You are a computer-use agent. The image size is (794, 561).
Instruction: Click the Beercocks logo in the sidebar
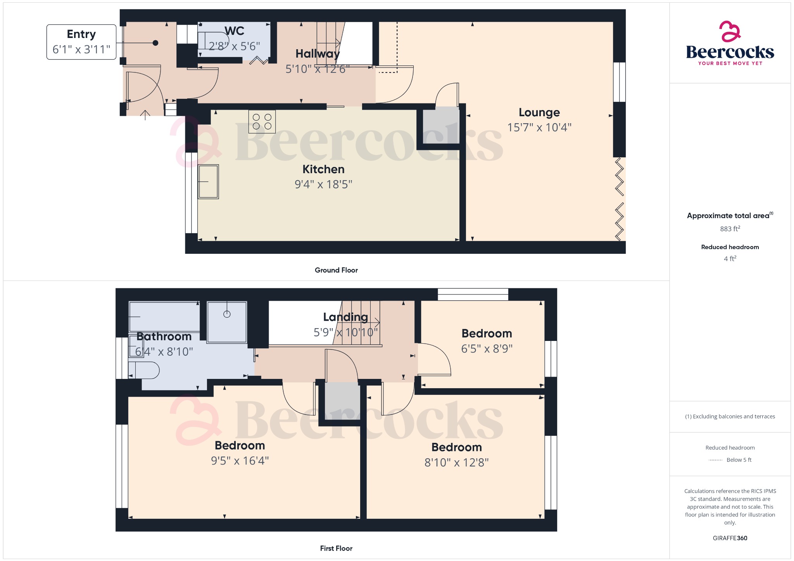point(730,44)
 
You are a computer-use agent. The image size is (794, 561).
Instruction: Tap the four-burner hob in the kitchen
point(262,122)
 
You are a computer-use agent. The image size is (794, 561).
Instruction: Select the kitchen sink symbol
point(208,182)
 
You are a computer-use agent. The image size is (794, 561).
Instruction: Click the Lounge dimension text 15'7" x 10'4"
point(539,127)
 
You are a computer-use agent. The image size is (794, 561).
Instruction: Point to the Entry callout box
point(81,42)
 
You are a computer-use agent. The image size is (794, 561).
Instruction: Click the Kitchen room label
point(323,169)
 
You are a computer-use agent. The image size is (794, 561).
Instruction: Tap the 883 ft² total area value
point(730,229)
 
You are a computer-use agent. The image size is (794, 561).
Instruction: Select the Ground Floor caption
point(336,270)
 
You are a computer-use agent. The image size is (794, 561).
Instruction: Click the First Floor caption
point(336,548)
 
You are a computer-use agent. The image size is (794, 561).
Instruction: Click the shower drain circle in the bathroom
point(227,314)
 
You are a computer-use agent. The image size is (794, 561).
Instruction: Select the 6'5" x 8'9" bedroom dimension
point(487,349)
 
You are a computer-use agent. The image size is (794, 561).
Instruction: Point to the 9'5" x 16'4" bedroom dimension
point(240,461)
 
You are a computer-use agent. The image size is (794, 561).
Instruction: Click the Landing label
point(345,317)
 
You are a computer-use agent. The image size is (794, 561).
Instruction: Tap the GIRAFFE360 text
point(730,538)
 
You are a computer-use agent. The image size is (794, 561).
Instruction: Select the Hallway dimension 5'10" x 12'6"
point(317,69)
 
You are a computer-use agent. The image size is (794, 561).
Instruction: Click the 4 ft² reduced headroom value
point(730,258)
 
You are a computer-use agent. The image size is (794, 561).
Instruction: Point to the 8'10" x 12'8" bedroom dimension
point(456,463)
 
